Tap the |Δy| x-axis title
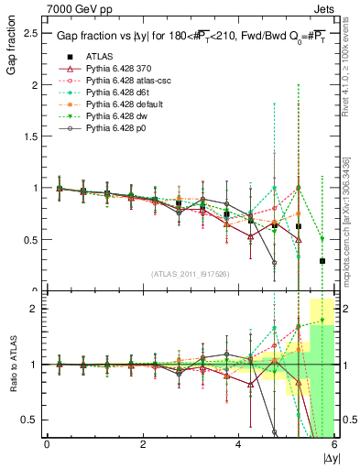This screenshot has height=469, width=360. pos(329,457)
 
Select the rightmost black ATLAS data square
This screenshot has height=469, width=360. pos(322,261)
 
